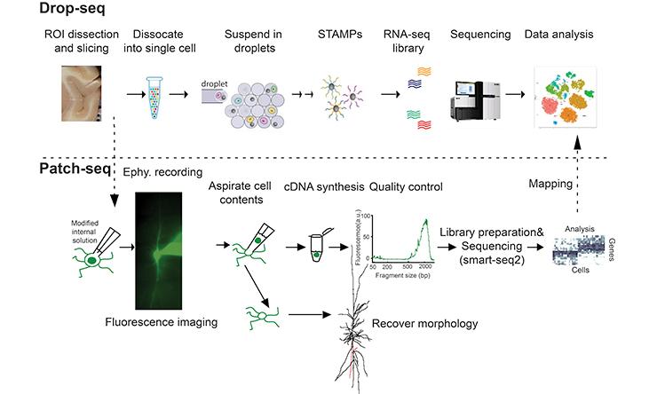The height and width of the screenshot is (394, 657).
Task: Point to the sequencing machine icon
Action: [480, 91]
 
